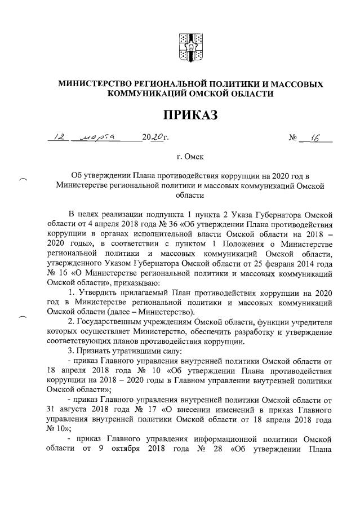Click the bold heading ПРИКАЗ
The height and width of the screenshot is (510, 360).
190,116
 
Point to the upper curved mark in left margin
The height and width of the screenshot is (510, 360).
23,180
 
